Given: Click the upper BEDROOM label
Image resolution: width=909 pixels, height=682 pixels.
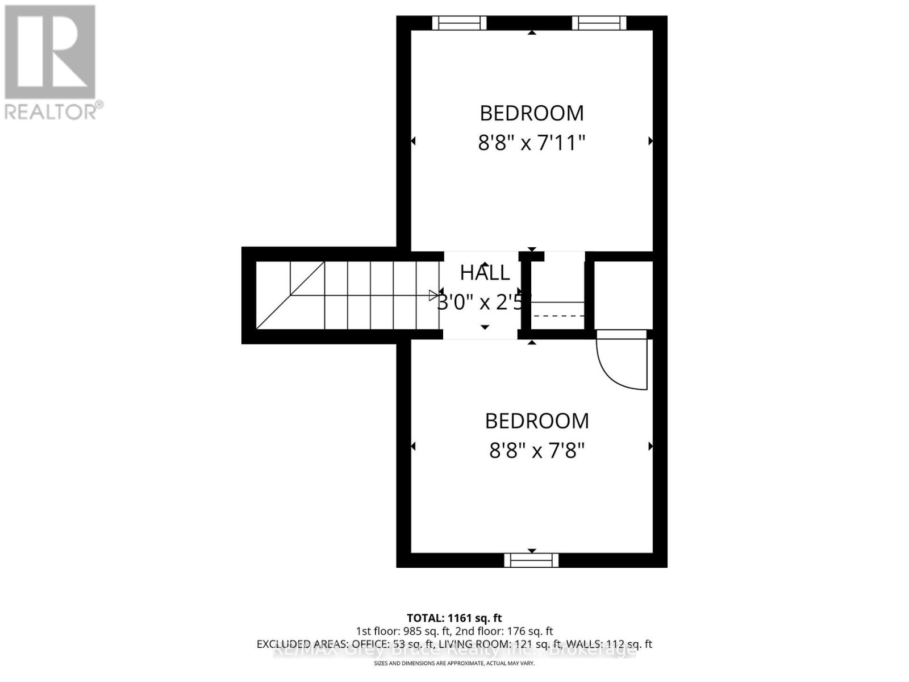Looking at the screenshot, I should [531, 113].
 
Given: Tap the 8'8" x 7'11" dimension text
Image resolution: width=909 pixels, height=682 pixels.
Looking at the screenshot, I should [531, 142].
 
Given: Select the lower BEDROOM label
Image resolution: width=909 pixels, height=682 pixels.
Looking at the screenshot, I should [537, 421].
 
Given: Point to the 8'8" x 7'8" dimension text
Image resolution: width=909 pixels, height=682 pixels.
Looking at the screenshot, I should [537, 451].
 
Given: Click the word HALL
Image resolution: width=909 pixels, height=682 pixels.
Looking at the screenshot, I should [485, 273].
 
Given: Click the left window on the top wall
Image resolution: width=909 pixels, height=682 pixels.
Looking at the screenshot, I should [460, 23].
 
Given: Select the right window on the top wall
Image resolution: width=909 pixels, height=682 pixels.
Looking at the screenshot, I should [599, 23].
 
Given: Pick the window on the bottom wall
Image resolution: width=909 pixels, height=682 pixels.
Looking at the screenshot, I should [531, 560].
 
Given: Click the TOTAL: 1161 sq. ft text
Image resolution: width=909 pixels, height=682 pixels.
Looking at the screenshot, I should [454, 618].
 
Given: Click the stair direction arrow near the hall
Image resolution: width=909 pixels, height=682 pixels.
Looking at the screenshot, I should [433, 295].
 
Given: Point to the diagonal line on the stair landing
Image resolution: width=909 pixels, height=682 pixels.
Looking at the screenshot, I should [290, 296].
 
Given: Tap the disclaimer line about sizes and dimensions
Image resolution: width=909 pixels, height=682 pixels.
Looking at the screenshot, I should [454, 664].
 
